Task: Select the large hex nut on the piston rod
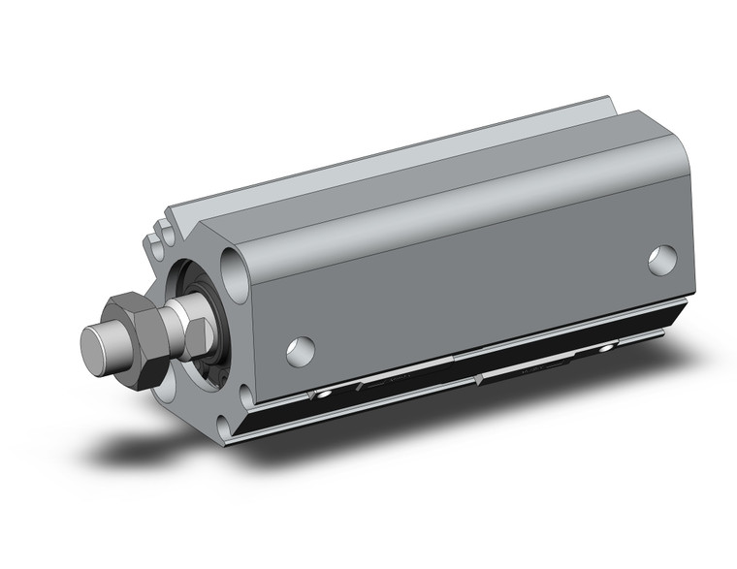point(136,336)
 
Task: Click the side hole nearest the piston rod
point(301,351)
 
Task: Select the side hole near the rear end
point(663,259)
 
